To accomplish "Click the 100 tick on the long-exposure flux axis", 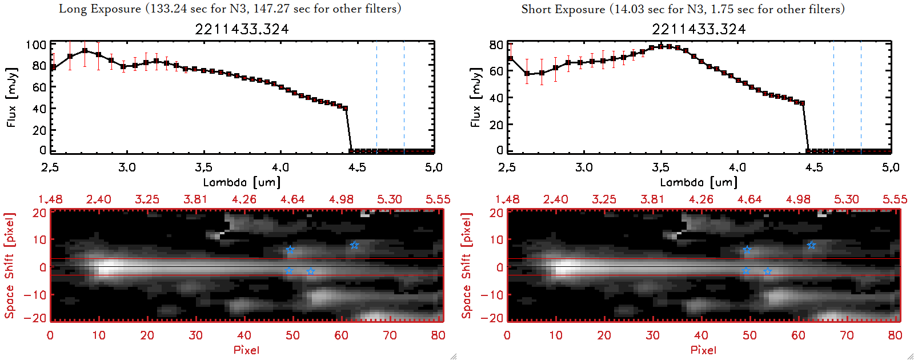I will click(x=36, y=45).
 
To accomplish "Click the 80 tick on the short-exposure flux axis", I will click(x=496, y=45).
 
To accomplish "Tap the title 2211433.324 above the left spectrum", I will click(x=242, y=29).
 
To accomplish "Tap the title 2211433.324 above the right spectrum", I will click(x=699, y=29).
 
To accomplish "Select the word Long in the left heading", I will click(x=71, y=9).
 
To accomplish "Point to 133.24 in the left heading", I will click(x=167, y=9).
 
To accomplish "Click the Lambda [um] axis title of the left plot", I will click(x=242, y=182).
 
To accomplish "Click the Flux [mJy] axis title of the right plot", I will click(x=475, y=97).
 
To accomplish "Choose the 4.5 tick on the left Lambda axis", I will click(x=357, y=167).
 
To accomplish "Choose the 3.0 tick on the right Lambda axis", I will click(x=584, y=167).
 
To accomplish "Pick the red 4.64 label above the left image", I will click(x=292, y=199).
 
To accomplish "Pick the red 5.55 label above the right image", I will click(x=895, y=199).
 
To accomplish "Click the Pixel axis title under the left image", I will click(x=246, y=350).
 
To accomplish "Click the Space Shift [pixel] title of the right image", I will click(x=467, y=266).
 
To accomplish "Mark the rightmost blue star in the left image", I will click(x=354, y=245).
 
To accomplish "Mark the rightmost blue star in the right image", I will click(x=811, y=245).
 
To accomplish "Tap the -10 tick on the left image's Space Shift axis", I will click(x=35, y=294).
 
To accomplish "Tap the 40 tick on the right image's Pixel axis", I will click(x=701, y=335).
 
